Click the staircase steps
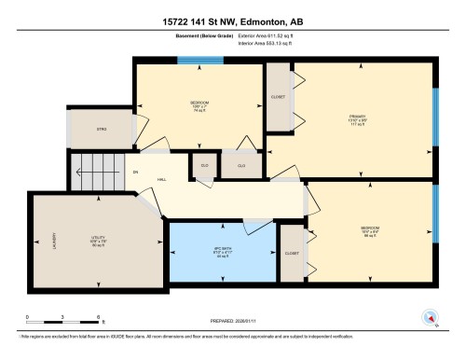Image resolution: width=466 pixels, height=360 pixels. [96, 171]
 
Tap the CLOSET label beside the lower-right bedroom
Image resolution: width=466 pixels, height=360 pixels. [292, 252]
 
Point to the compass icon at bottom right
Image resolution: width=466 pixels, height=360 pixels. [431, 317]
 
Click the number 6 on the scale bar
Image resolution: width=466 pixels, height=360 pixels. [99, 317]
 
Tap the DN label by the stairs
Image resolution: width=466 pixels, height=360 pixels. [136, 172]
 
